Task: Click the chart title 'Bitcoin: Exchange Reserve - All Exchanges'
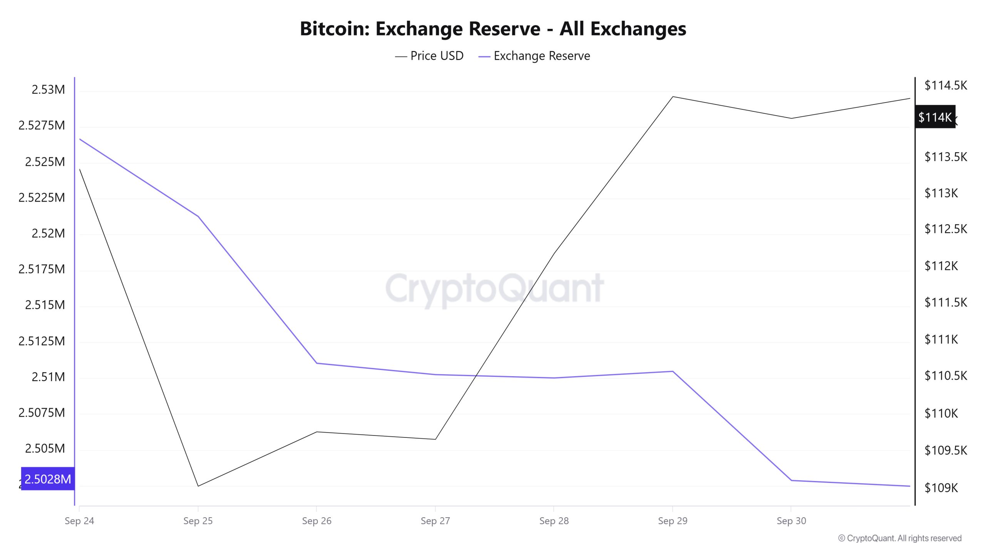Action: (x=493, y=29)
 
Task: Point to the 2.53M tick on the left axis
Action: (x=48, y=89)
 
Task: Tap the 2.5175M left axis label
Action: (x=42, y=269)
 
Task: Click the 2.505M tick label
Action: (x=45, y=448)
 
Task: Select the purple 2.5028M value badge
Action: (x=48, y=479)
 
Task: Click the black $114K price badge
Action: (x=935, y=117)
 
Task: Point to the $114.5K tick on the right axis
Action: (x=946, y=85)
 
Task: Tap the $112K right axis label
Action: (x=941, y=266)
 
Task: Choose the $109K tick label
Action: (x=941, y=488)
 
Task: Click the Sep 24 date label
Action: (x=79, y=521)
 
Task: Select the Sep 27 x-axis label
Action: (x=435, y=521)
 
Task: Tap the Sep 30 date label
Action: (x=791, y=521)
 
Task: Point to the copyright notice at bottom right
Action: (x=900, y=538)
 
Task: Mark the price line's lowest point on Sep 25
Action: (x=198, y=486)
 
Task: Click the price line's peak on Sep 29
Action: (x=672, y=96)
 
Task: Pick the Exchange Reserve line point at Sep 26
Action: (x=317, y=363)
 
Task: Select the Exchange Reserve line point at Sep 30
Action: (x=791, y=480)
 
